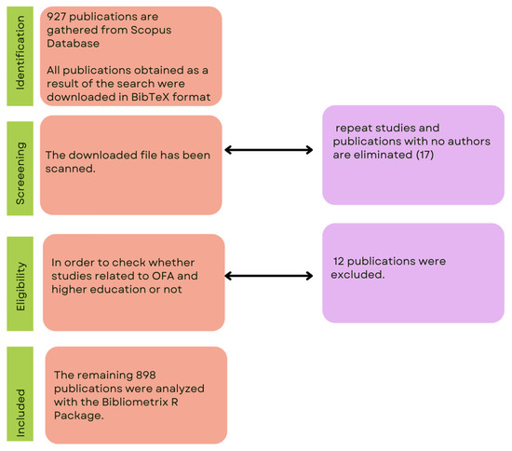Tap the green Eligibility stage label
pyautogui.click(x=20, y=278)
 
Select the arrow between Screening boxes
pyautogui.click(x=271, y=149)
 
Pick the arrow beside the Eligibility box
pyautogui.click(x=271, y=276)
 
